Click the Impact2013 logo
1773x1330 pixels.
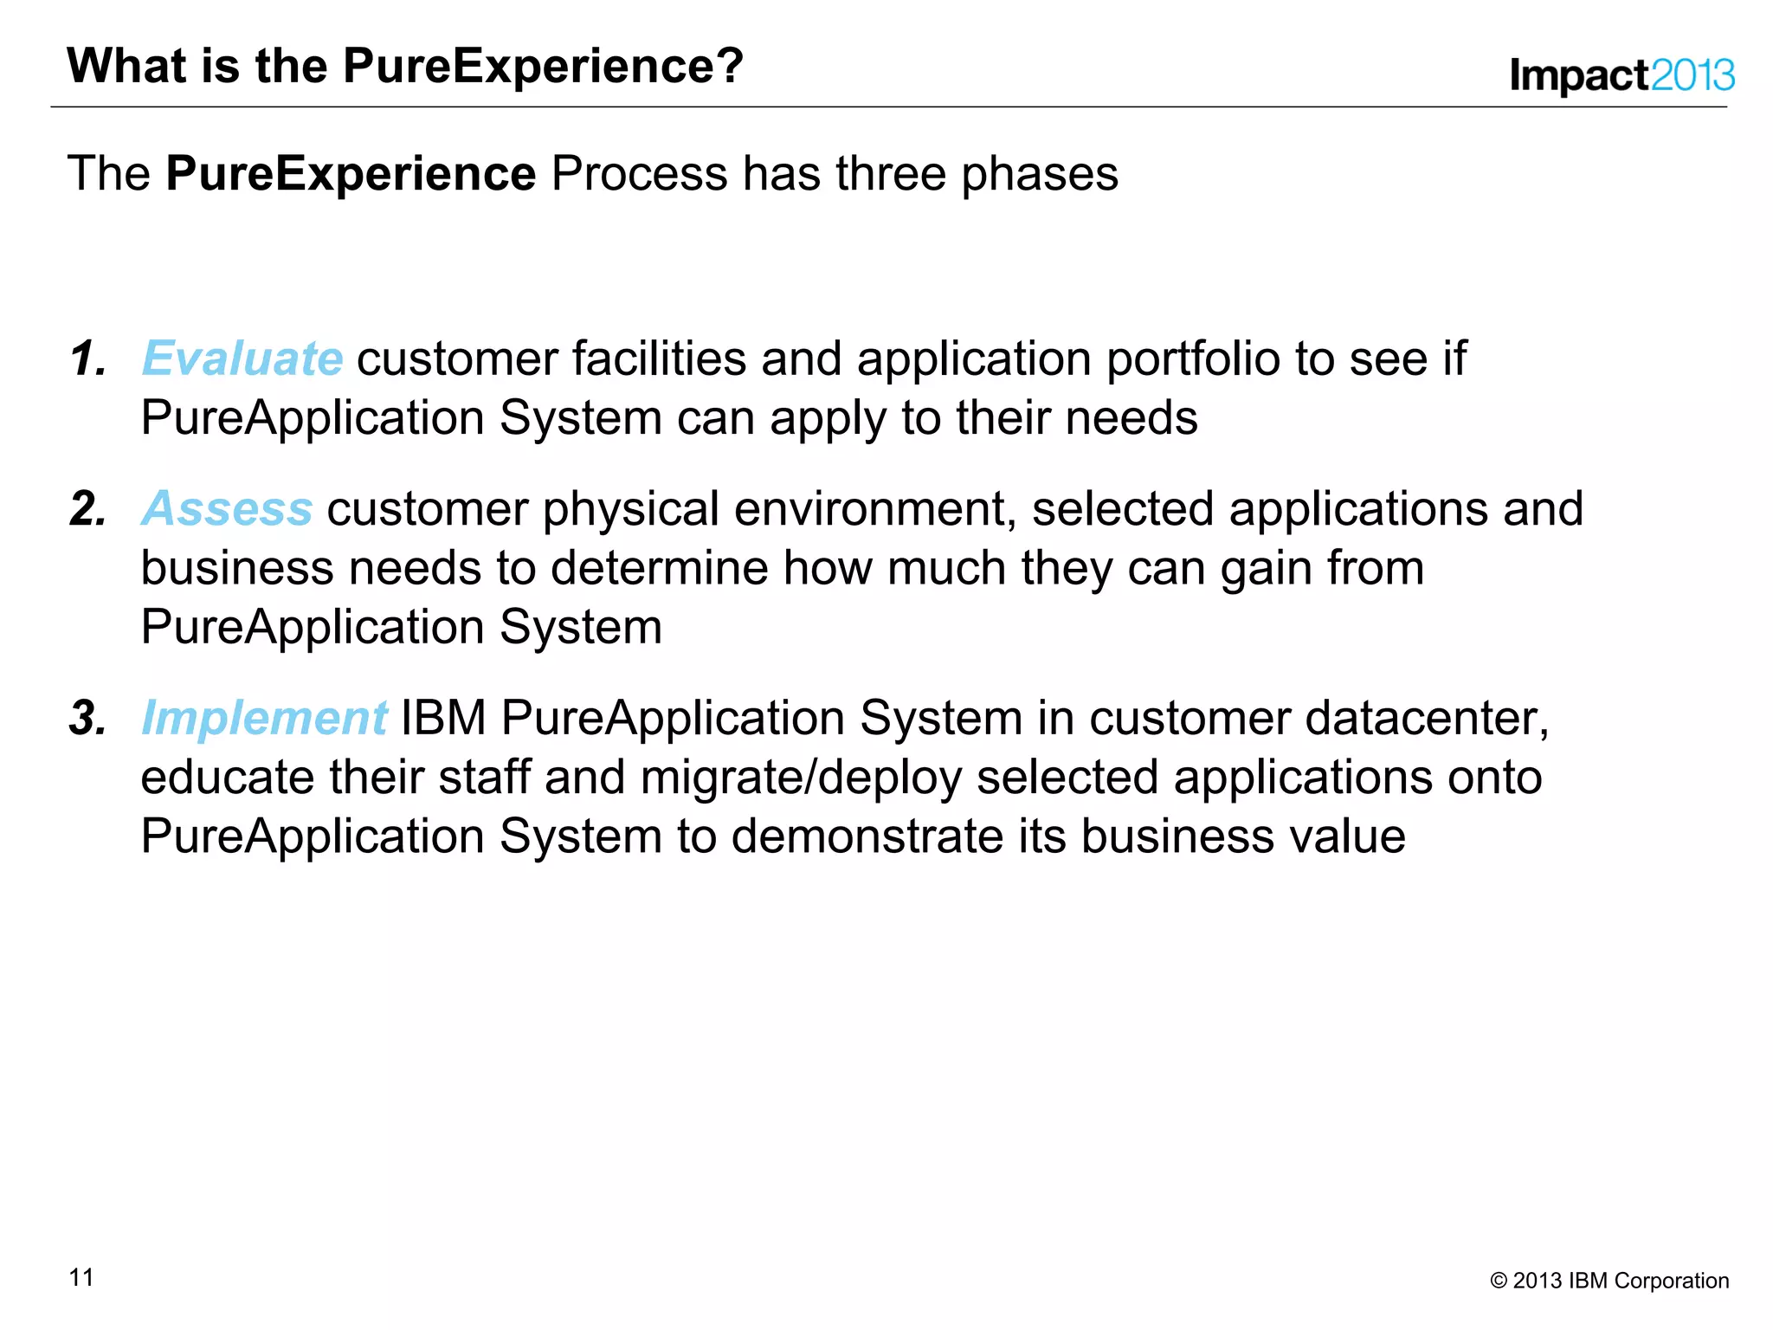[x=1621, y=75]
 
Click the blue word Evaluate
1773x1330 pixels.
[x=242, y=358]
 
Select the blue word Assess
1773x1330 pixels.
[x=227, y=508]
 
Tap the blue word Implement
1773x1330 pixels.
[x=264, y=718]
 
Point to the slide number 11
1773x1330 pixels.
[x=81, y=1277]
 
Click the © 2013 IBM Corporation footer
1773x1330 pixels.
[x=1609, y=1281]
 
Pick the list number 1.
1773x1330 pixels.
[x=88, y=358]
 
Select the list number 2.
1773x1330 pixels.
[x=88, y=508]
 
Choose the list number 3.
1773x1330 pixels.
[x=88, y=718]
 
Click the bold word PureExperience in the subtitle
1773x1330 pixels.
[x=351, y=173]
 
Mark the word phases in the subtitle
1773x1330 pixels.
[x=1040, y=175]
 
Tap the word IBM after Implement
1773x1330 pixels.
[x=443, y=718]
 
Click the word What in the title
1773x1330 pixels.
[x=126, y=66]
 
